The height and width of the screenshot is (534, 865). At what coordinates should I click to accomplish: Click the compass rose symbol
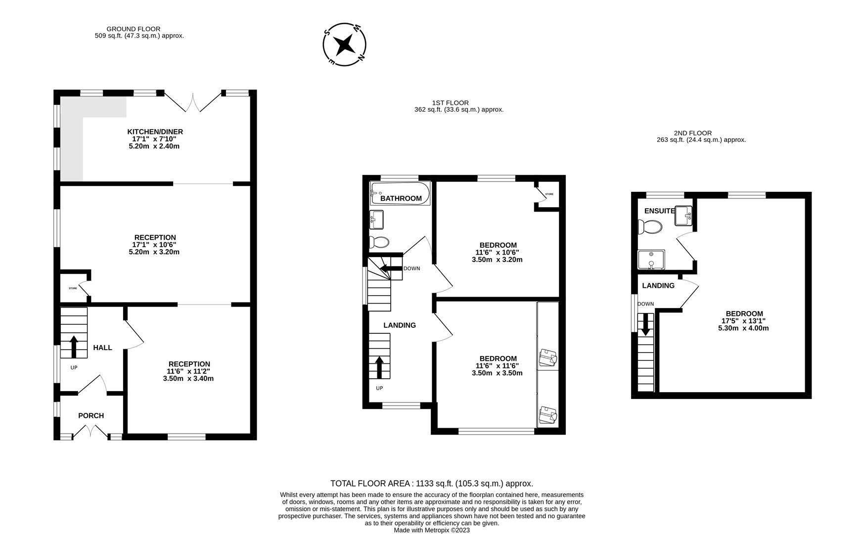[344, 44]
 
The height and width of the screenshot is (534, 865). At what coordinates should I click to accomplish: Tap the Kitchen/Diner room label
[155, 132]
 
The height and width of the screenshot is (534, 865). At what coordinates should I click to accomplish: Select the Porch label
[91, 416]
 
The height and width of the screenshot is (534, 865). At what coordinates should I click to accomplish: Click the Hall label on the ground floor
[103, 348]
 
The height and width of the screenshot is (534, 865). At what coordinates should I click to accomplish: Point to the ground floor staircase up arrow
[74, 347]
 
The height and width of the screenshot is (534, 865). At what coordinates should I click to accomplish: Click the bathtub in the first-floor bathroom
[400, 193]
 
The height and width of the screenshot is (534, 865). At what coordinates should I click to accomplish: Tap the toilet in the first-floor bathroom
[379, 242]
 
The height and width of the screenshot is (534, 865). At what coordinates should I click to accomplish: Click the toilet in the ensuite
[650, 227]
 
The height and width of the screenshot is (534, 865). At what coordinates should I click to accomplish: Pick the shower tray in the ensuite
[651, 261]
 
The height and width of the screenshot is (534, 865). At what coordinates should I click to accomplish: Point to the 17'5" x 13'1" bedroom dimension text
[744, 321]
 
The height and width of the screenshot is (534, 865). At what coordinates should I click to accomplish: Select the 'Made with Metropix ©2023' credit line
[432, 530]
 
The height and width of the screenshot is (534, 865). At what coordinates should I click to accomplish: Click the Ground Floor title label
[134, 29]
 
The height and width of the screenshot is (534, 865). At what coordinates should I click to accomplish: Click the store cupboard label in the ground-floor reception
[73, 288]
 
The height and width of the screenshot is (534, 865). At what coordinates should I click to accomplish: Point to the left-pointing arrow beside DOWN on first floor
[391, 268]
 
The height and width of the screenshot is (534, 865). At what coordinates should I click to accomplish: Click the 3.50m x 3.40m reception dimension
[188, 379]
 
